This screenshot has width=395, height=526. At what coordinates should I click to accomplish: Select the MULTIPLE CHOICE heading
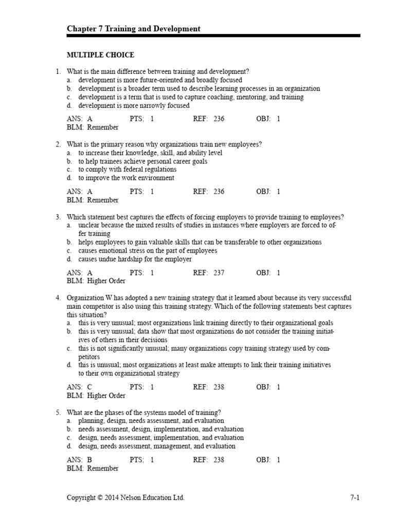tap(100, 55)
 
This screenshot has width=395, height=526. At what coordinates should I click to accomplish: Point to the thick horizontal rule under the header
tap(213, 36)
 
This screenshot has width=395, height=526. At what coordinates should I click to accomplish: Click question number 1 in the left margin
tap(58, 72)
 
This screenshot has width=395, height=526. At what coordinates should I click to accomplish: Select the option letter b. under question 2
tap(69, 161)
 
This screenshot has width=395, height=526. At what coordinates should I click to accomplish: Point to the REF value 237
tap(219, 273)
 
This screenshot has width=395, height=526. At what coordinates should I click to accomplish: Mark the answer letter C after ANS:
tap(90, 387)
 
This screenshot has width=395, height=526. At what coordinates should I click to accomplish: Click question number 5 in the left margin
tap(58, 412)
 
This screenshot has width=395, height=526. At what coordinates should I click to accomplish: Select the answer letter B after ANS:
tap(90, 460)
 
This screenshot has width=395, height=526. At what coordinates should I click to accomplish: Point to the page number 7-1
tap(354, 498)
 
